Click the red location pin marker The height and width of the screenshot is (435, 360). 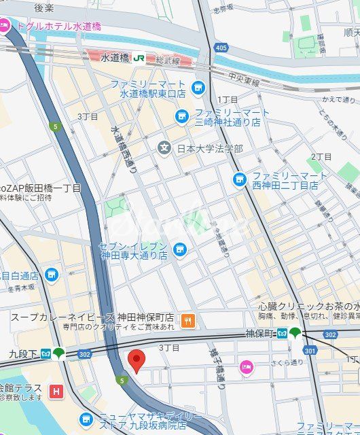tap(137, 361)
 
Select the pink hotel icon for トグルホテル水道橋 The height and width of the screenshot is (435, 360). tap(5, 27)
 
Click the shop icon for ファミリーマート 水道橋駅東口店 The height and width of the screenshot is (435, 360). tap(198, 87)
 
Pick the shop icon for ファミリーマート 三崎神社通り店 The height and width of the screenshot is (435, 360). tap(181, 117)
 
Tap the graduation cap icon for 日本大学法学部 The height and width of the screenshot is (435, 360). tap(164, 147)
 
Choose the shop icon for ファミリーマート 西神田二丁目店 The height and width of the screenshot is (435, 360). tap(239, 179)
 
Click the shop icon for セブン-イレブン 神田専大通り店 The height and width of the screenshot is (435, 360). tap(180, 250)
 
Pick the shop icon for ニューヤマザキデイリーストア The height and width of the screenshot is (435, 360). tap(86, 420)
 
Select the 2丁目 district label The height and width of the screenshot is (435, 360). tap(321, 157)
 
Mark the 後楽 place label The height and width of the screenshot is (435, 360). tap(43, 7)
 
